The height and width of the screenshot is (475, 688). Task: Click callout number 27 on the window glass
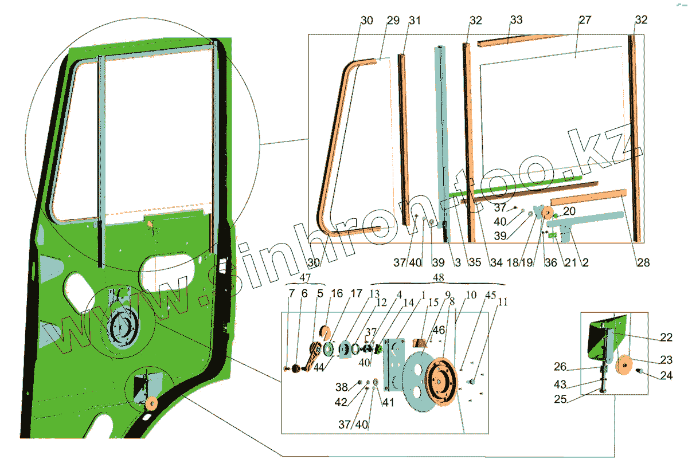coord(585,20)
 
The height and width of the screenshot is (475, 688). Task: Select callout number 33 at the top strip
coord(516,20)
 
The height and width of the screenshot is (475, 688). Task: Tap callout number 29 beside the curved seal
coord(393,20)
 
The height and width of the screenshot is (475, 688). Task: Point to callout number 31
coord(415,20)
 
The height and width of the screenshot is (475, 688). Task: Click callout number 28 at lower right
coord(643,262)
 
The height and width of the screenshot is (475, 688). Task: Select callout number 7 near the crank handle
coord(291,293)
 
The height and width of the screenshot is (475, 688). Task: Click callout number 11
coord(503,301)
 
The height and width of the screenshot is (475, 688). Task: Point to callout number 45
coord(491,296)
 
